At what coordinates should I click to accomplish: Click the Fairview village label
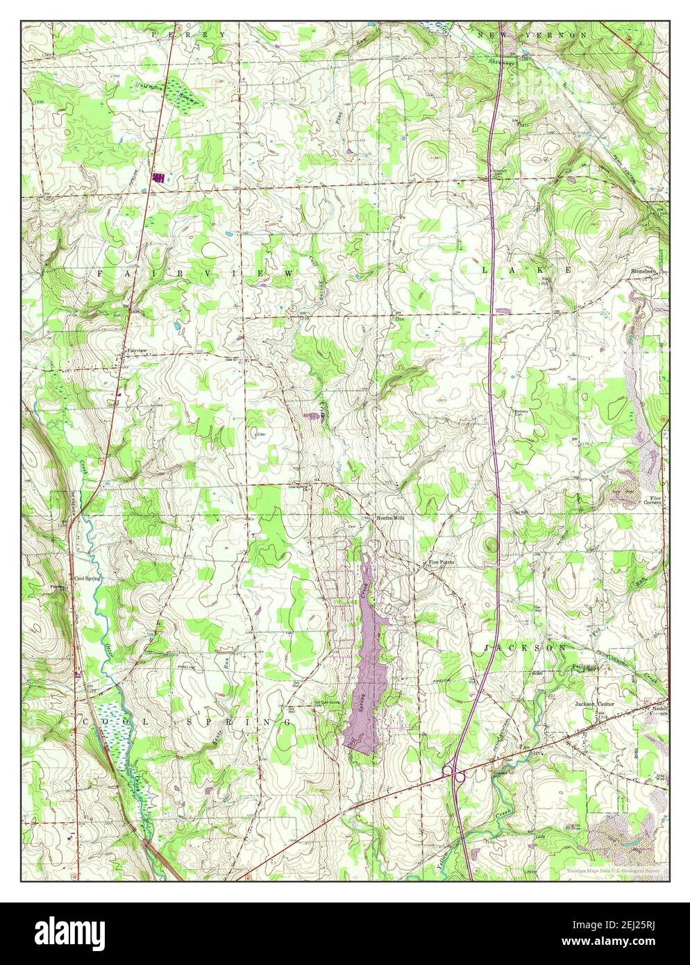pos(137,351)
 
